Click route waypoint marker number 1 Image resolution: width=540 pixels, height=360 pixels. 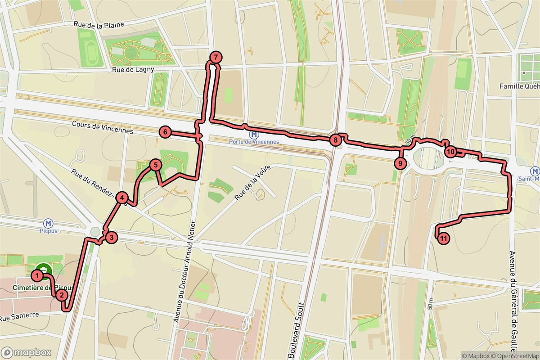point(38,274)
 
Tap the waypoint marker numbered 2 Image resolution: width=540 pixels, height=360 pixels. point(61,295)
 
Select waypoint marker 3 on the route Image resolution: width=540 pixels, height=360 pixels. point(111,238)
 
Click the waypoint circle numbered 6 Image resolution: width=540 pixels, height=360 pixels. point(165,132)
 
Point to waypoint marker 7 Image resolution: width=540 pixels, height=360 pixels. point(216,57)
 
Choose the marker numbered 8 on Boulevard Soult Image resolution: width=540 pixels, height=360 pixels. point(335,140)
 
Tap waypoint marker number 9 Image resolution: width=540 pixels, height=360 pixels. point(400,163)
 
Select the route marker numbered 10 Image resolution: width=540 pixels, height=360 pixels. point(450,151)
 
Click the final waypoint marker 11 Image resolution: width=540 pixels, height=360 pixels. point(443,238)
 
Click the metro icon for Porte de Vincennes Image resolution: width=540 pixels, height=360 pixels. point(254,134)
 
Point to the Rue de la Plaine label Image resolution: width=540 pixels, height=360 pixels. point(98,24)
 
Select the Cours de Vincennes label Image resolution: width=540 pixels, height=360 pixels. point(103,127)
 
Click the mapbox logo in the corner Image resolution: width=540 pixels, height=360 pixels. point(26,352)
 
